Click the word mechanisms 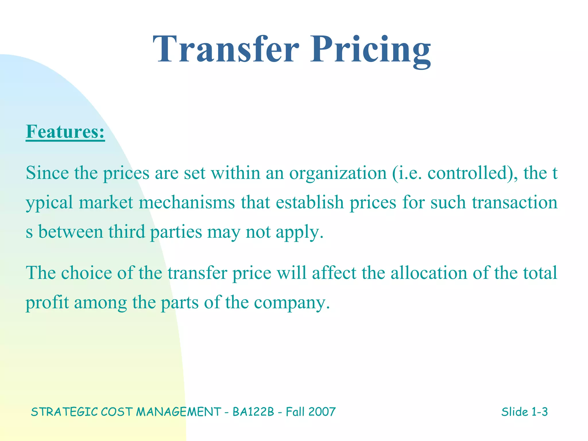point(187,202)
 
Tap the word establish point(310,202)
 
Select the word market point(106,202)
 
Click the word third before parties point(127,232)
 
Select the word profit point(47,303)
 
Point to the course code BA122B point(253,412)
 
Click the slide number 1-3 point(539,412)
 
